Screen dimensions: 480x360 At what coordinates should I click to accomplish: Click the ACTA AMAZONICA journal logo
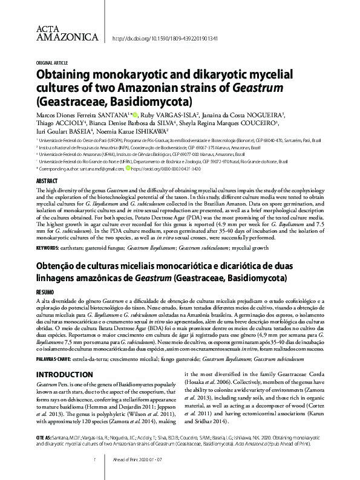click(67, 34)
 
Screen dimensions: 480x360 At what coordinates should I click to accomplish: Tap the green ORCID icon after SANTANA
click(136, 114)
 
